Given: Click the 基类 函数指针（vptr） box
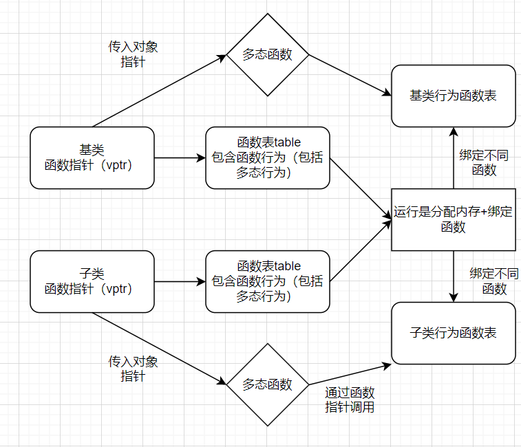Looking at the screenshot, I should (92, 157).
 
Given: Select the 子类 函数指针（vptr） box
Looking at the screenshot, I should (92, 282).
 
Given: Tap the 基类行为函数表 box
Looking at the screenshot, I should (453, 96).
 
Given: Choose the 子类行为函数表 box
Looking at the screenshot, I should (453, 333).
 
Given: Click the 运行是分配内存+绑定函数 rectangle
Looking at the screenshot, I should (453, 219).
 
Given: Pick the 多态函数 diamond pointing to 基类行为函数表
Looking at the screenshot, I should (268, 55).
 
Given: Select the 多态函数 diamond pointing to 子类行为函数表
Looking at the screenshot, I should (268, 384).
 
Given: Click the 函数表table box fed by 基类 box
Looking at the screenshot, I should (268, 157).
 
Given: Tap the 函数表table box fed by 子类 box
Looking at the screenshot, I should (268, 282).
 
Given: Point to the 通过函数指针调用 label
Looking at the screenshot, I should (349, 400).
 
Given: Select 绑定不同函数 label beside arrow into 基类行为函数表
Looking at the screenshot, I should (484, 163).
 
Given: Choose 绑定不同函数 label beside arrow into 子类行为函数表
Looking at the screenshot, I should (493, 281).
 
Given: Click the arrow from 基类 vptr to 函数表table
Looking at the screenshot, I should (180, 157).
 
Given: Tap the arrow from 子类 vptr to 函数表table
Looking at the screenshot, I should (180, 282).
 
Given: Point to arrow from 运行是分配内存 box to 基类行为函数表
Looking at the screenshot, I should (453, 158).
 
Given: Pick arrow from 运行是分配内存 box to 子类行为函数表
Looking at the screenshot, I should (453, 276).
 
